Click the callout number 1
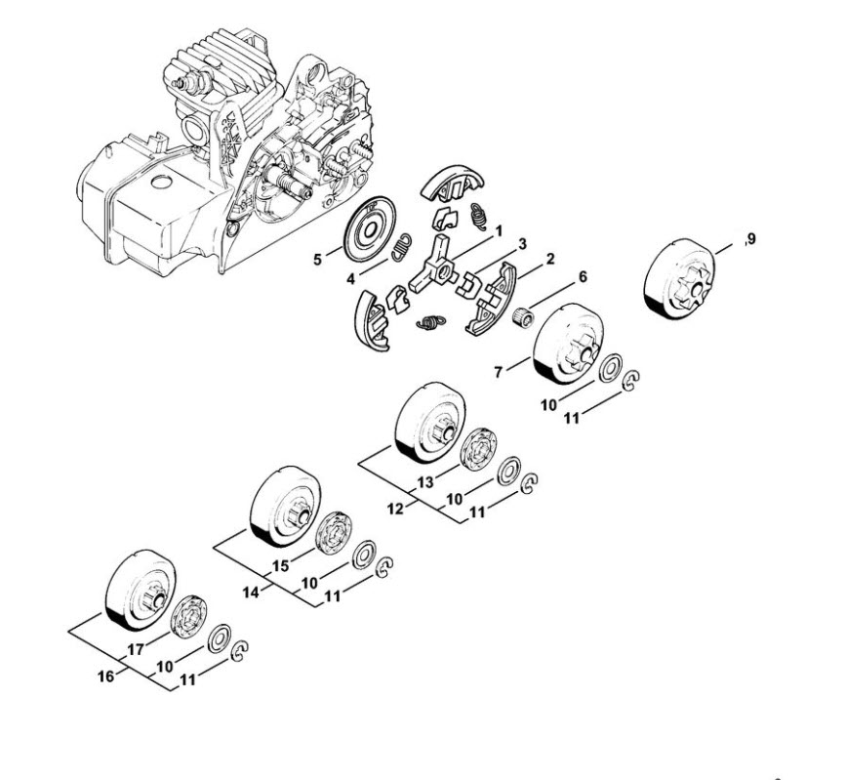(x=499, y=231)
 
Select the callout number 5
(x=317, y=260)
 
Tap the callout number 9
(x=751, y=238)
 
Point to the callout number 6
(x=583, y=277)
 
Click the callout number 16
(x=106, y=676)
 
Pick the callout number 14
(x=251, y=593)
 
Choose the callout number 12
(x=395, y=509)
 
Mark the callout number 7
(x=499, y=372)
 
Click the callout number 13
(x=425, y=482)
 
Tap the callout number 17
(x=136, y=649)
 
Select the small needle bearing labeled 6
(x=523, y=314)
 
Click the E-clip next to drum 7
(x=630, y=381)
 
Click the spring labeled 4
(x=400, y=248)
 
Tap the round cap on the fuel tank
(x=161, y=182)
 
